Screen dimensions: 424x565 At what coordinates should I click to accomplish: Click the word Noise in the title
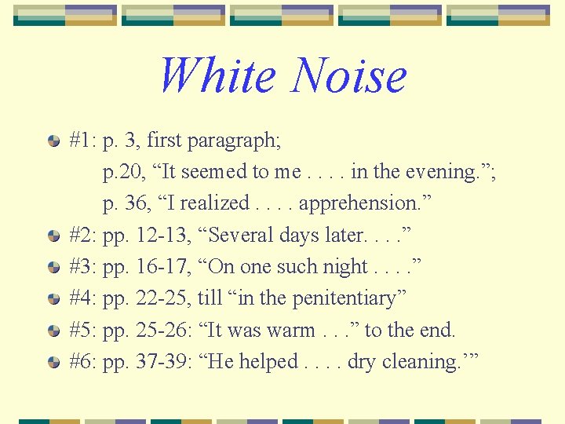tap(349, 76)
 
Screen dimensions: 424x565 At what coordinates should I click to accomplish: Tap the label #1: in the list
tap(82, 141)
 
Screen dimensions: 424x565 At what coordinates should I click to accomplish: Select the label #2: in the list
tap(82, 236)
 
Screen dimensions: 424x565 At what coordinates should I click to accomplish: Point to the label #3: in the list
tap(82, 267)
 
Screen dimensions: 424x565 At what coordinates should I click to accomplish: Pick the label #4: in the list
tap(82, 298)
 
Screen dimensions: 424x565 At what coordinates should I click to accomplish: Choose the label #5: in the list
tap(82, 331)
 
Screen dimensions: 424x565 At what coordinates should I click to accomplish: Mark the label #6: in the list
tap(82, 362)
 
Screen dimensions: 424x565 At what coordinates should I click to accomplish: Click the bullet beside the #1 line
tap(53, 142)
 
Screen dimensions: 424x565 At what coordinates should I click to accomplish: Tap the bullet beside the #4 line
tap(53, 299)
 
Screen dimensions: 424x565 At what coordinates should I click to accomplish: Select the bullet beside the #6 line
tap(53, 363)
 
